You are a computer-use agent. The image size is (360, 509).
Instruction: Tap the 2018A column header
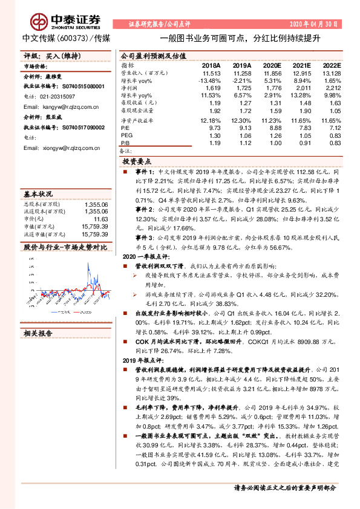pyautogui.click(x=211, y=65)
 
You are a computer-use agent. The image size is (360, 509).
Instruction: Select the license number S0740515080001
pyautogui.click(x=75, y=86)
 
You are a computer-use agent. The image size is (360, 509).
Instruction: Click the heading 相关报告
pyautogui.click(x=38, y=333)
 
